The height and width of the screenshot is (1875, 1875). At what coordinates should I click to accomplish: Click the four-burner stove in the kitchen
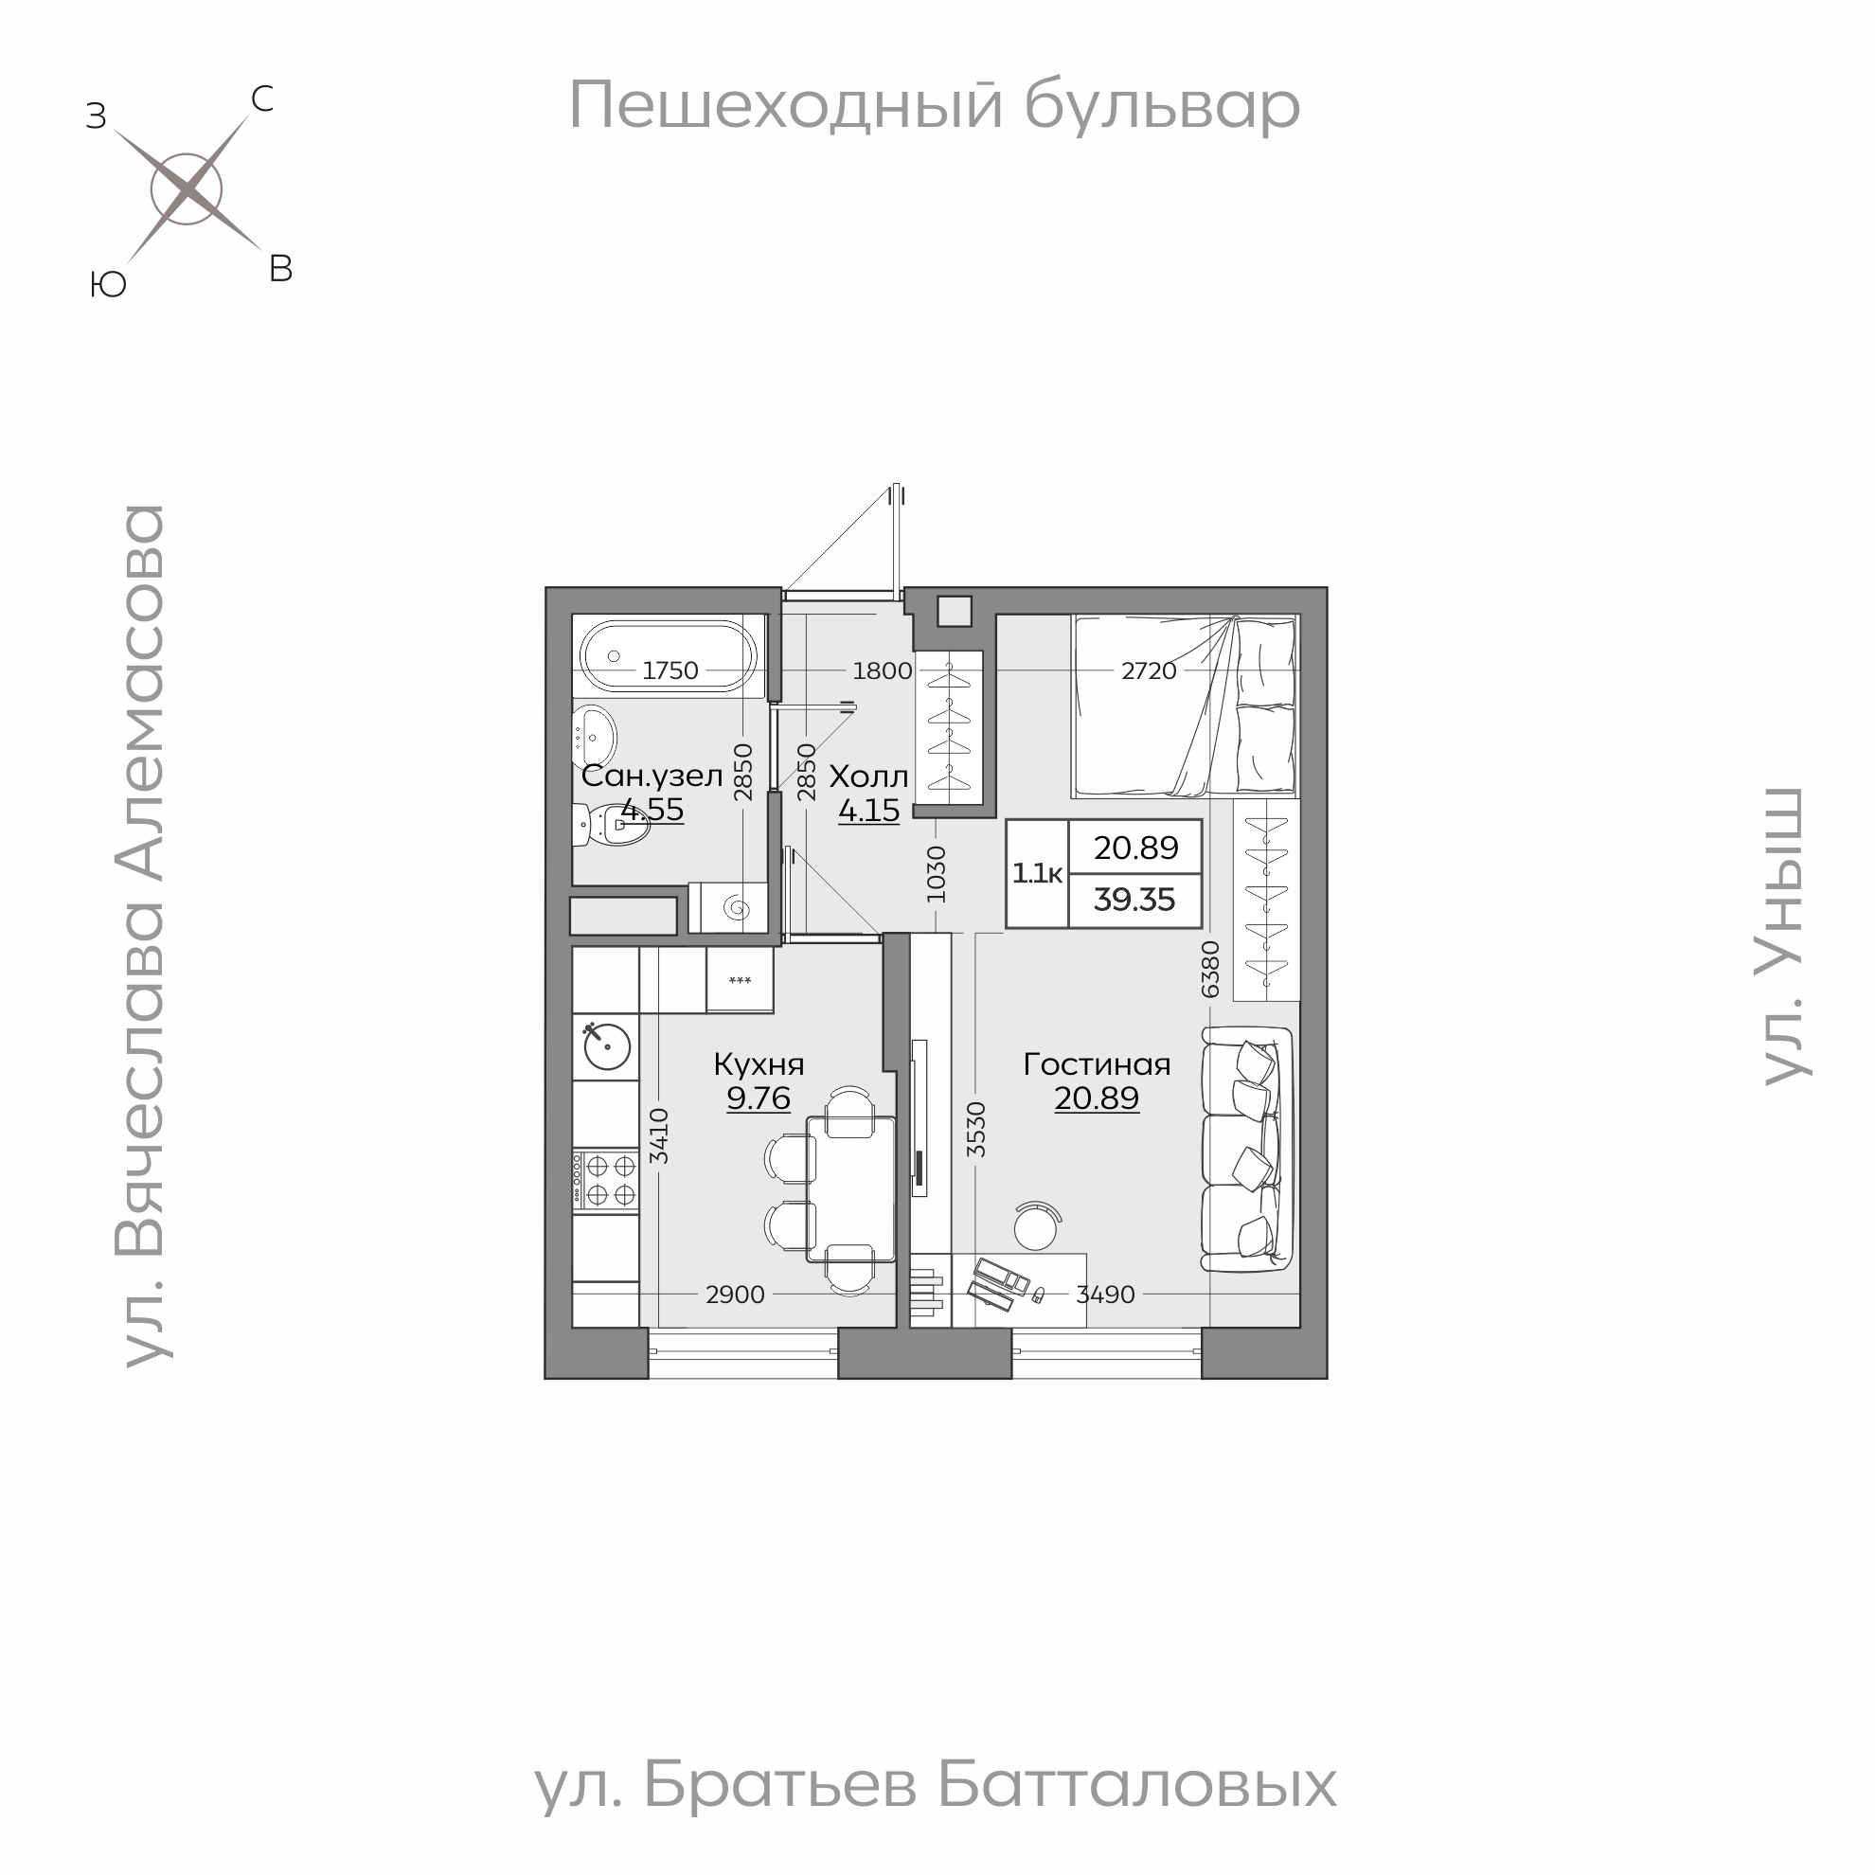point(606,1179)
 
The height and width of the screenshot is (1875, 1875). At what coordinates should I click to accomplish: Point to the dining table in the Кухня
point(851,1188)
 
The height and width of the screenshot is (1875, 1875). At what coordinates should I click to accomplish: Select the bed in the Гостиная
point(1184,705)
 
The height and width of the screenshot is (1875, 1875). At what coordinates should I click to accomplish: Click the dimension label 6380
point(1210,969)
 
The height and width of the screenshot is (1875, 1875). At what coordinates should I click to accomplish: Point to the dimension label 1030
point(937,873)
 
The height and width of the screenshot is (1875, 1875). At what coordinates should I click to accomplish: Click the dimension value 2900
point(735,1294)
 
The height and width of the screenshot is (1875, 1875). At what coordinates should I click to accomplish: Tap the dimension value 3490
point(1105,1294)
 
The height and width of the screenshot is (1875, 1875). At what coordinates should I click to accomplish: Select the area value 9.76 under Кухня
point(758,1098)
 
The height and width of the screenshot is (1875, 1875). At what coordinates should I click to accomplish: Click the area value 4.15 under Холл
point(868,810)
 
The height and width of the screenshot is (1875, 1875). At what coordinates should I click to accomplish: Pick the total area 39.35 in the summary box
point(1134,900)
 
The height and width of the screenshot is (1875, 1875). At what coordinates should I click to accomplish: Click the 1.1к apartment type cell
point(1037,873)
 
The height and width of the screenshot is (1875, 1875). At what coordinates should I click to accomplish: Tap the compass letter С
point(262,99)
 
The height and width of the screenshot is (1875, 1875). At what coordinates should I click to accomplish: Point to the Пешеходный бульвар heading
point(934,105)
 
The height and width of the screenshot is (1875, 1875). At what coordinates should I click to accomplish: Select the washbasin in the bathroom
point(594,737)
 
